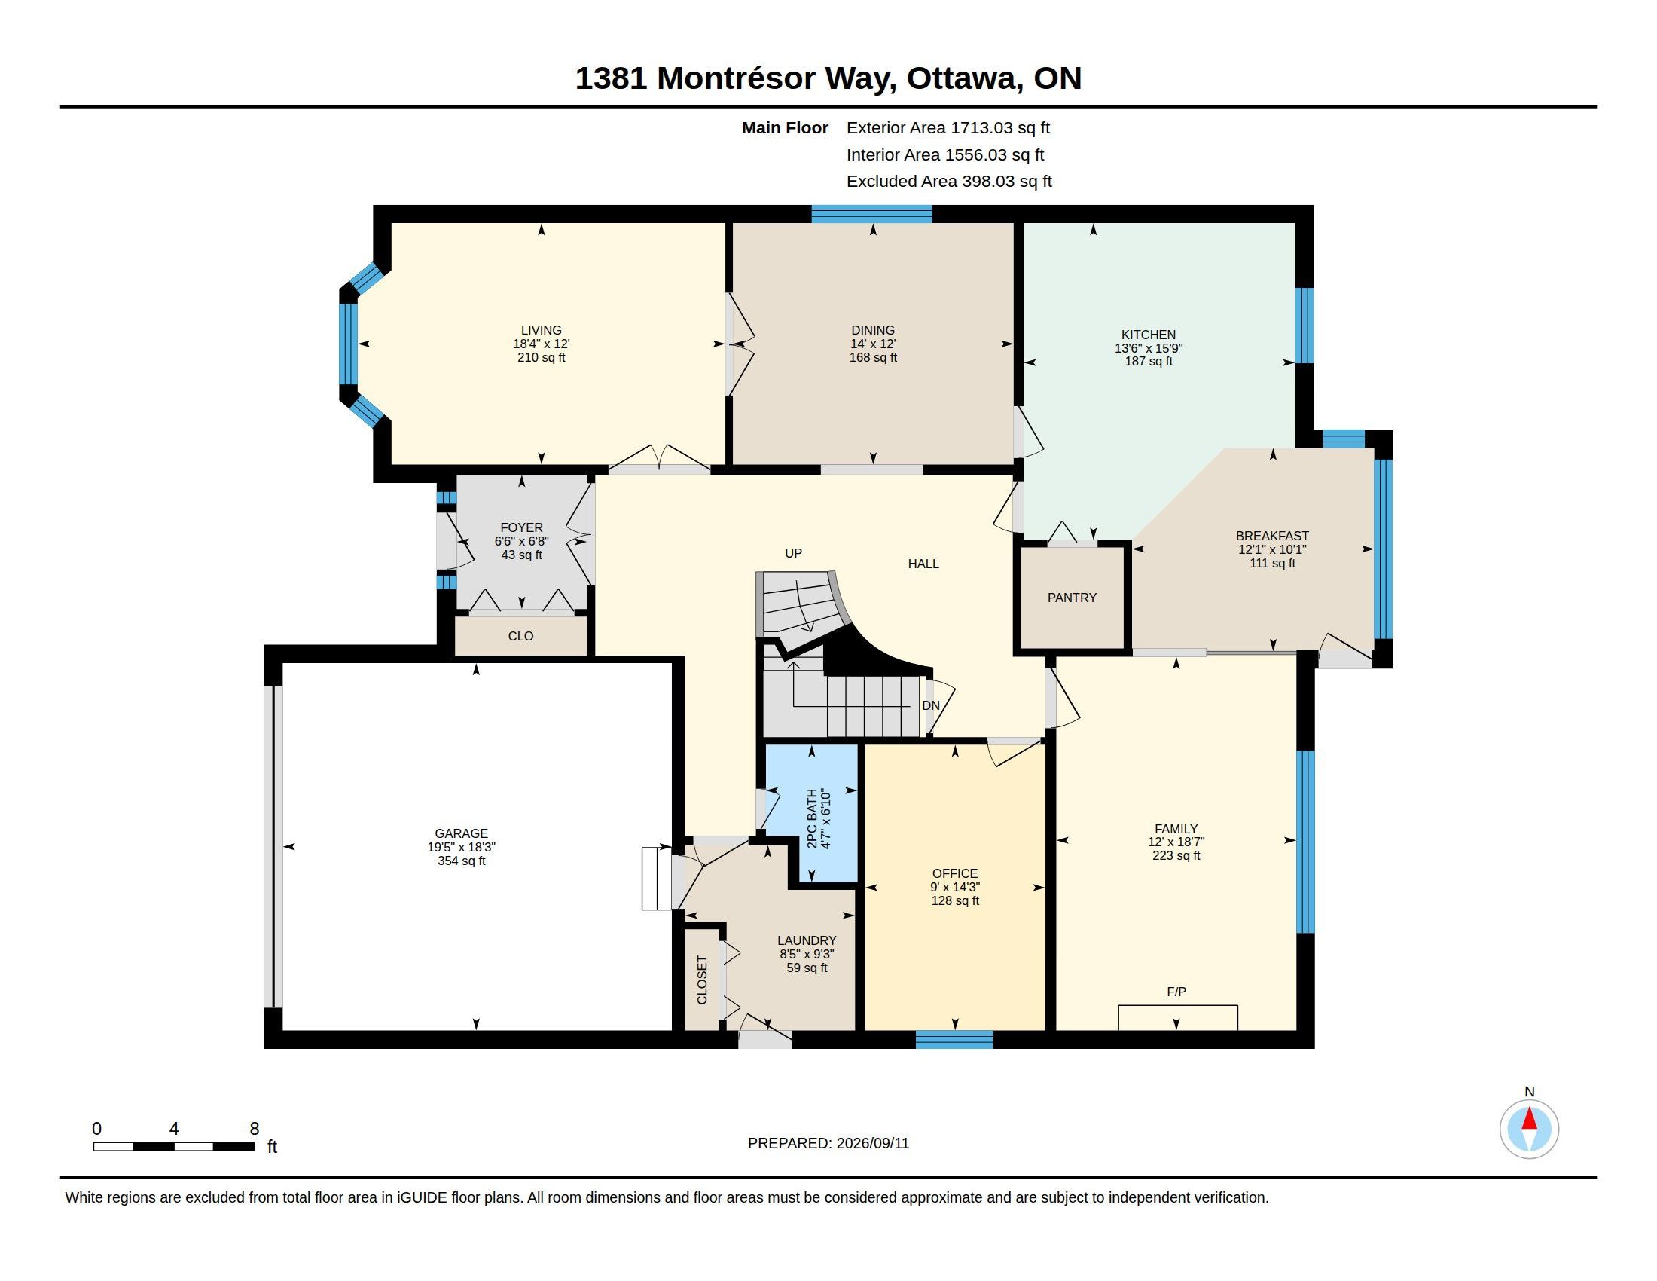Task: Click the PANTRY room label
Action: coord(1071,598)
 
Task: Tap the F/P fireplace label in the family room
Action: coord(1176,992)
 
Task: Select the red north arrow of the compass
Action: coord(1529,1119)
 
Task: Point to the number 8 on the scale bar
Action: coord(254,1129)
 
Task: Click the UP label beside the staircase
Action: coord(793,553)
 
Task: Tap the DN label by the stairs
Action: coord(931,706)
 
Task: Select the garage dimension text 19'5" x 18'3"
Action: coord(461,847)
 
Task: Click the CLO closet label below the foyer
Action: coord(520,636)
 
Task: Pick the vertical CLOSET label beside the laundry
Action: coord(702,980)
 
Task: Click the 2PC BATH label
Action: coord(812,819)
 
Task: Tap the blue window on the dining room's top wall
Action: coord(871,213)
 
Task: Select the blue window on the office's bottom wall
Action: coord(954,1040)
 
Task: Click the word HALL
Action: coord(923,564)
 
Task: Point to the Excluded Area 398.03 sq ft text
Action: coord(949,182)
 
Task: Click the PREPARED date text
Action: coord(828,1143)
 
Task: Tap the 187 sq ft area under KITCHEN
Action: coord(1149,361)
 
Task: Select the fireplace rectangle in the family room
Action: coord(1178,1018)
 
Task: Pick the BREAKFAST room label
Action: coord(1272,536)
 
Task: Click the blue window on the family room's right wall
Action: coord(1305,842)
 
